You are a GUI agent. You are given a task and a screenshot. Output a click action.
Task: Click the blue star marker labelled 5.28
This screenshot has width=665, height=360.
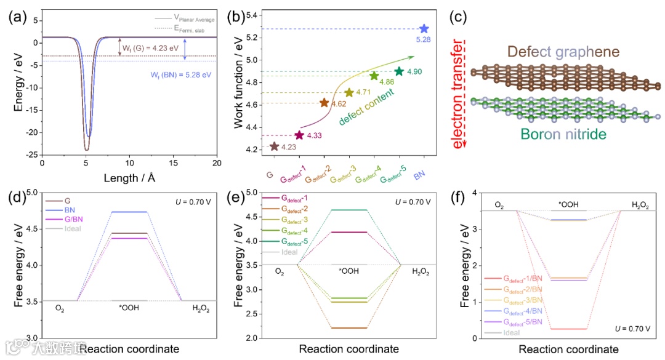coord(424,29)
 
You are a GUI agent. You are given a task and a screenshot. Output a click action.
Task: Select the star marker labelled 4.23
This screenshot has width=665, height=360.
coord(274,146)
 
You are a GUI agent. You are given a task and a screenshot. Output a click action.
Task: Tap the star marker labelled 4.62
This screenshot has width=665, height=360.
coord(324,103)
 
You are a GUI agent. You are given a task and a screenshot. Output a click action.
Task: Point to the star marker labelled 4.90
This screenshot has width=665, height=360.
coord(399,71)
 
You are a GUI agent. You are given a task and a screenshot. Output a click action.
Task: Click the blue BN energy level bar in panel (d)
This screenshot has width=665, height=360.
coord(129,212)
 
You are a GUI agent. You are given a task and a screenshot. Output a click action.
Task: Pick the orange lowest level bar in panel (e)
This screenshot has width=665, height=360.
coord(349,328)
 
